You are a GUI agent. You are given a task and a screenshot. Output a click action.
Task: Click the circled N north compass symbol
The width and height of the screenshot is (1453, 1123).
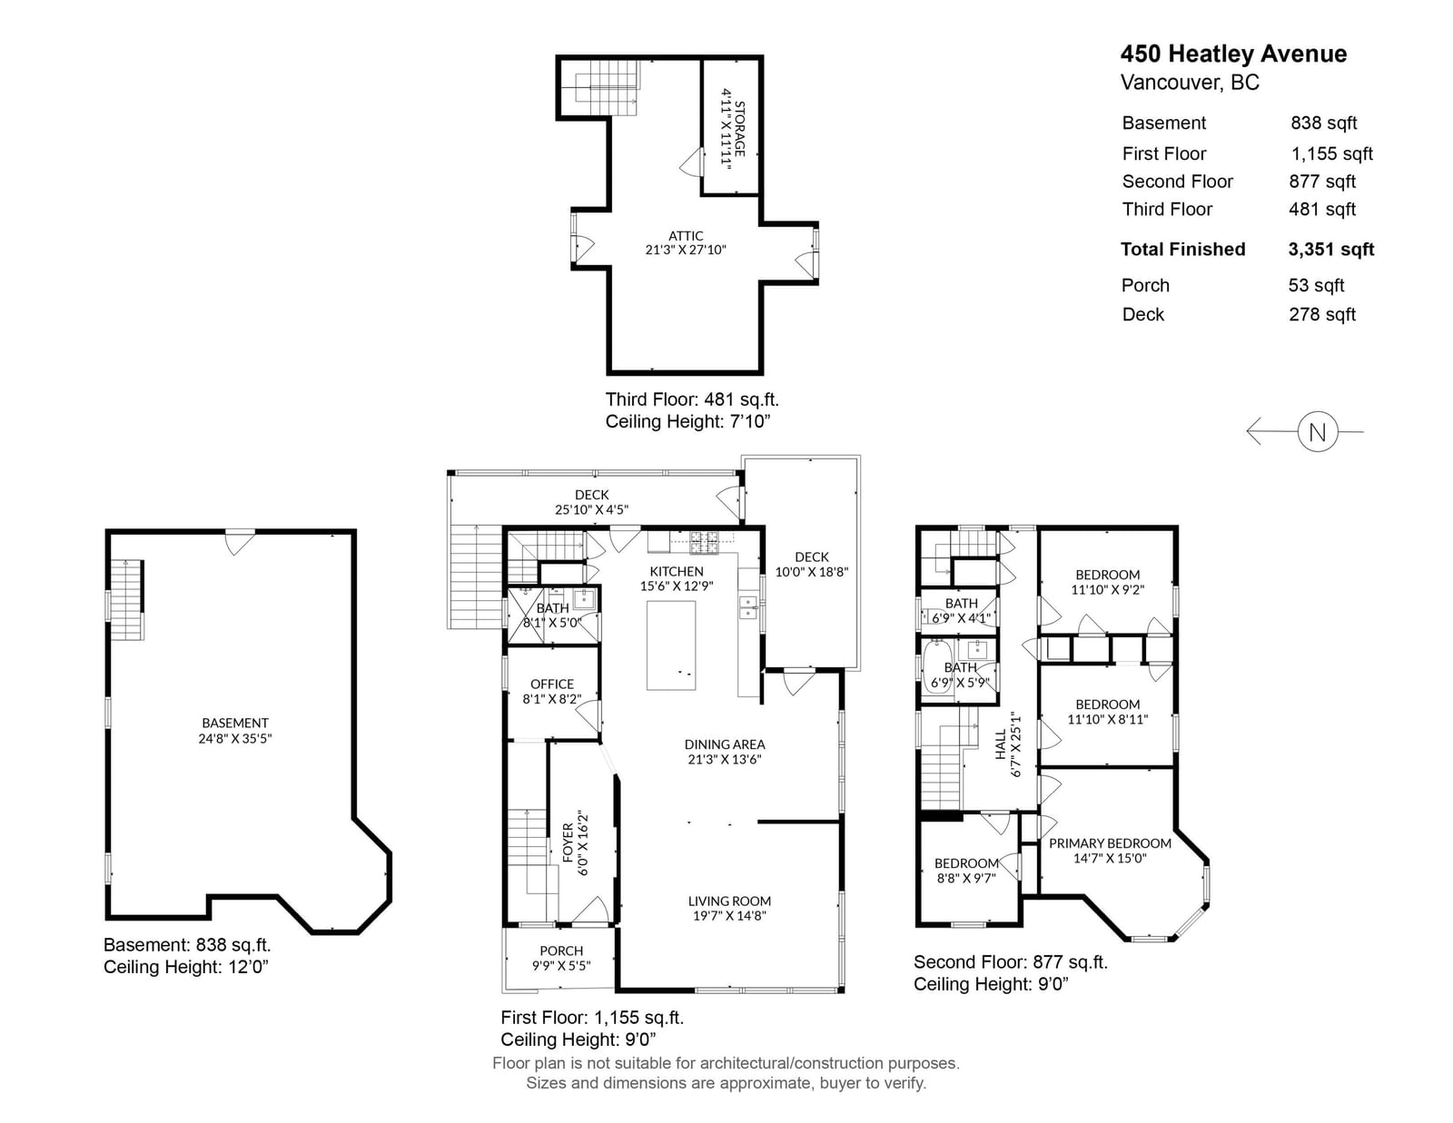pos(1317,432)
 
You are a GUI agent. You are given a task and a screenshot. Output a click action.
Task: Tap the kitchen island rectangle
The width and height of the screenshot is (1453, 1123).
pos(671,645)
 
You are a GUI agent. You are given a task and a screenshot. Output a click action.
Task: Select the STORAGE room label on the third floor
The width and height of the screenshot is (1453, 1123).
pos(739,129)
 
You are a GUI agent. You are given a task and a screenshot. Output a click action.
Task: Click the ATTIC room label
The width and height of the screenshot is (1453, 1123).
pos(686,236)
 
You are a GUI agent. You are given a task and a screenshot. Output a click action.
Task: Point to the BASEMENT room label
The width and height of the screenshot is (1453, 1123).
pos(234,723)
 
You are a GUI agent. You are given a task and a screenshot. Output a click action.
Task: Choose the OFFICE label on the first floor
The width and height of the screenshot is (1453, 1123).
pos(551,684)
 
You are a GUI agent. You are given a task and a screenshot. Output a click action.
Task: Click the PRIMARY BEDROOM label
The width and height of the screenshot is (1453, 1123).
pos(1110,843)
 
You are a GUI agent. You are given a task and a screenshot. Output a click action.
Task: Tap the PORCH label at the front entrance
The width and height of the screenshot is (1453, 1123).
pos(561,951)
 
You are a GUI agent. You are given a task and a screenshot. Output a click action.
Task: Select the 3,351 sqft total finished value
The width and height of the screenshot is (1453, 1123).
pos(1330,250)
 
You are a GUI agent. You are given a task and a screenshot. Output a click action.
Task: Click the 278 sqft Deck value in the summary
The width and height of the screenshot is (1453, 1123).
pos(1322,314)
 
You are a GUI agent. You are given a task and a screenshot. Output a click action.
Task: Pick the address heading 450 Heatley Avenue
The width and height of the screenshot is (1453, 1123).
pos(1233,54)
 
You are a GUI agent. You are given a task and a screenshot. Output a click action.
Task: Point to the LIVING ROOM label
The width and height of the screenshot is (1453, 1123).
pos(729,901)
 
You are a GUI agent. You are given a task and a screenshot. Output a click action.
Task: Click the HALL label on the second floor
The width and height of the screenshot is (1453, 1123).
pos(1001,744)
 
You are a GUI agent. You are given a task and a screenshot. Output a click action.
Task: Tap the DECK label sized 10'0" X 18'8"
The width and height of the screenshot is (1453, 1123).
pos(812,557)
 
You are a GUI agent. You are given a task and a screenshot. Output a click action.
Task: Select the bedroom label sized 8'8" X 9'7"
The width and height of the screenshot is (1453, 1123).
pos(966,863)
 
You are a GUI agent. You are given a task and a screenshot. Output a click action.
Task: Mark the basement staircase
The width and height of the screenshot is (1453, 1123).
pos(126,599)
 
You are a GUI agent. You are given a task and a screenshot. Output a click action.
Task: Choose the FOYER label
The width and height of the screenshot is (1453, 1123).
pos(568,843)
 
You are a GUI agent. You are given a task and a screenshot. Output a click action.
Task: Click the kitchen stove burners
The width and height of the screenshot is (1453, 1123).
pos(704,542)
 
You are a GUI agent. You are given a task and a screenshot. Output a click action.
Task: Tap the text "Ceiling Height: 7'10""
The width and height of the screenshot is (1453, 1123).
pos(688,421)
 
